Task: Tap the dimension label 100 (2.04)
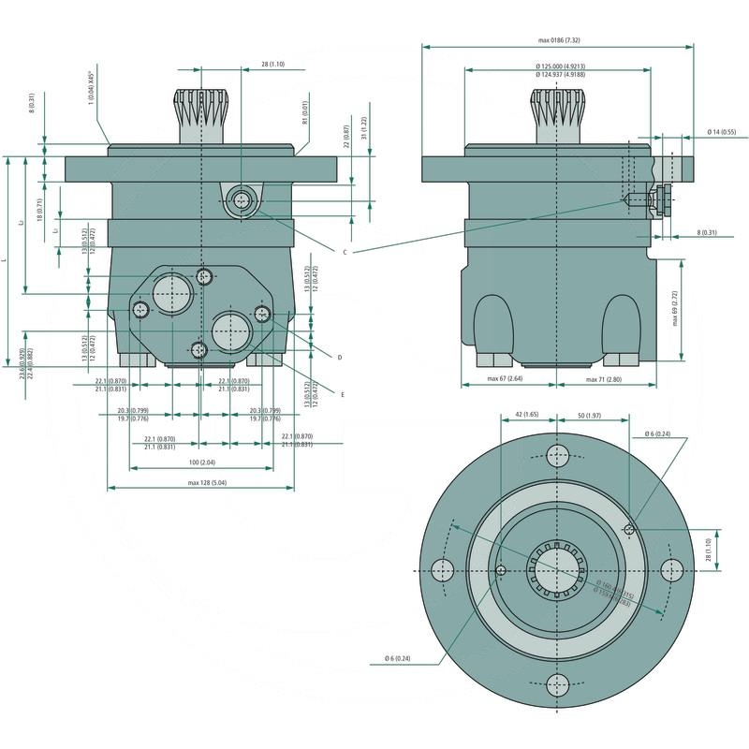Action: point(201,463)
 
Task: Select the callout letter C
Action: point(345,253)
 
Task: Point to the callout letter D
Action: point(339,357)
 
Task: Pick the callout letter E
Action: point(343,394)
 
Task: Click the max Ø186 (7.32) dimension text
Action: point(559,40)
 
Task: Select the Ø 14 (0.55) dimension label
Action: point(722,131)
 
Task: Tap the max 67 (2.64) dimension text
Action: point(505,379)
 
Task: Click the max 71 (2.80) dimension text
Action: point(604,379)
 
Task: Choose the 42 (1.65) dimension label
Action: point(527,415)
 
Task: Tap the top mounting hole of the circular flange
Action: point(558,457)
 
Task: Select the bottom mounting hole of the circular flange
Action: point(558,683)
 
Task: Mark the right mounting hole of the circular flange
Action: point(671,570)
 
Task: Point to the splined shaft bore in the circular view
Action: point(558,570)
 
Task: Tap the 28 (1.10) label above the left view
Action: point(272,64)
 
